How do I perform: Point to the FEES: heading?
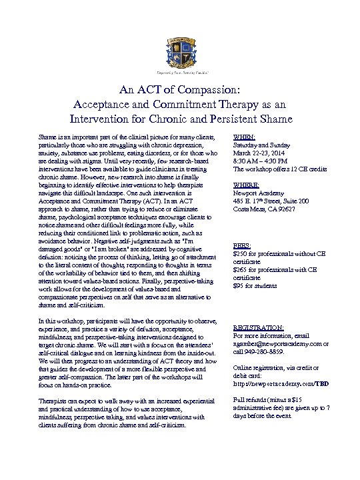coord(242,246)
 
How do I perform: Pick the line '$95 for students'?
coord(255,286)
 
